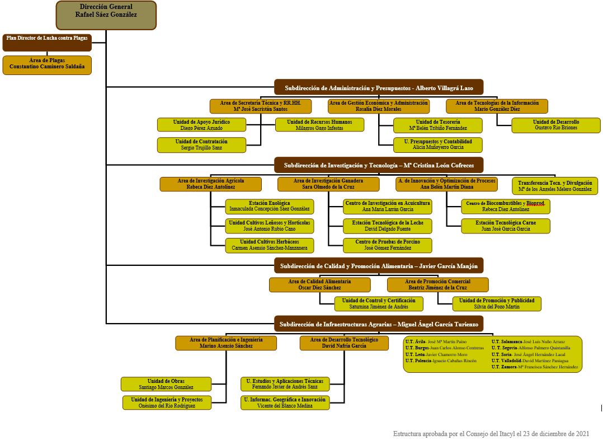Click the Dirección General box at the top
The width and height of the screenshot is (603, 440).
(106, 15)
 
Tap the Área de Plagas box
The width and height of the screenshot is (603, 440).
(47, 64)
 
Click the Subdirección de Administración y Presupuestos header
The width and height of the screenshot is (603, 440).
(378, 87)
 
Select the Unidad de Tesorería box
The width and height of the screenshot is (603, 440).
(437, 125)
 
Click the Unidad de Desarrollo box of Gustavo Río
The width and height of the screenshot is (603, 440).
(555, 125)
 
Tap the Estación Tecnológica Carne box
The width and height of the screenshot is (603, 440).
(505, 226)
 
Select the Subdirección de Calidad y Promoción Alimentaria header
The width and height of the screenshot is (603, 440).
(378, 265)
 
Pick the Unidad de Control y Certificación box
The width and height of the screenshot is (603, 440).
(379, 304)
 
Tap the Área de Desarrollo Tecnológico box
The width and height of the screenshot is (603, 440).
(344, 343)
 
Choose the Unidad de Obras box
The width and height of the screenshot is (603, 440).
(166, 384)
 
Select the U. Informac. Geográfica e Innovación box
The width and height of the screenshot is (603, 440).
(285, 403)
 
